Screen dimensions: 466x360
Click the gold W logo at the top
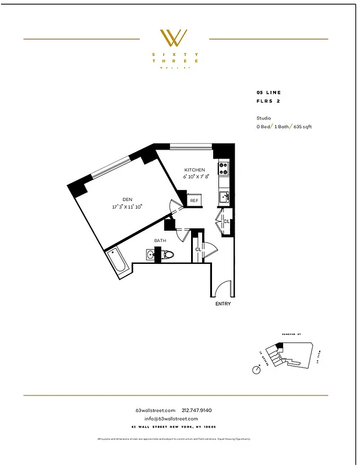(x=174, y=38)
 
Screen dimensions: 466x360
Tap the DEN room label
(x=128, y=199)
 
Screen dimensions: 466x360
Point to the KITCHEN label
(x=195, y=170)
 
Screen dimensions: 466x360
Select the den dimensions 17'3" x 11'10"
(x=128, y=206)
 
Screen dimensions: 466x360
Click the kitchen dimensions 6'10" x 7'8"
(x=195, y=176)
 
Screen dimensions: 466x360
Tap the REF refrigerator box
(x=194, y=200)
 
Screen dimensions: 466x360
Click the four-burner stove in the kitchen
(x=223, y=169)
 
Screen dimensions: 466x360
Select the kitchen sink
(x=224, y=197)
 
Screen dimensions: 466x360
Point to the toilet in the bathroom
(x=168, y=255)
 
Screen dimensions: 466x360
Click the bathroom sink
(x=153, y=255)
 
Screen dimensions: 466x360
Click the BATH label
(x=161, y=240)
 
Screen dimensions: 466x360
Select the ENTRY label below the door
(x=223, y=304)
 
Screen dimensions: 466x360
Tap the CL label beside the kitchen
(x=226, y=221)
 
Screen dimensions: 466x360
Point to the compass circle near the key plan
(x=256, y=369)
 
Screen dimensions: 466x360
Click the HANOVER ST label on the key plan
(x=290, y=334)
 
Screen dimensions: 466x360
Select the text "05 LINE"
(x=269, y=93)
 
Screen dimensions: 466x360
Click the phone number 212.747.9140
(x=201, y=410)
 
